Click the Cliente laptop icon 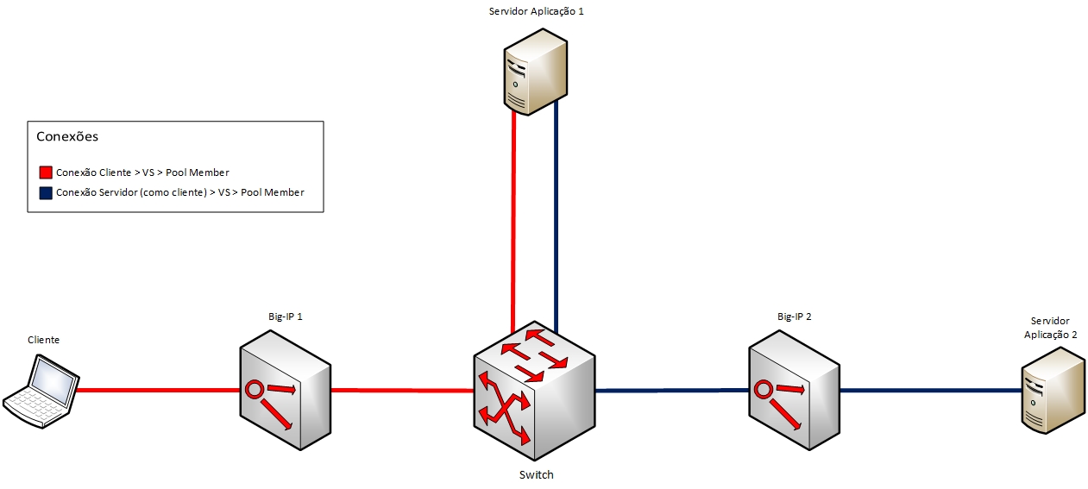tap(41, 392)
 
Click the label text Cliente tap(43, 340)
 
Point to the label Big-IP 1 tap(285, 317)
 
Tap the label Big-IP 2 tap(794, 317)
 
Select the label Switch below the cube tap(536, 474)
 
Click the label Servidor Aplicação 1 tap(537, 11)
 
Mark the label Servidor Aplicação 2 tap(1050, 328)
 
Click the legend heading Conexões tap(67, 136)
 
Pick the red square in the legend tap(46, 172)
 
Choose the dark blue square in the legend tap(46, 192)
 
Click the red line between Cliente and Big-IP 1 tap(155, 390)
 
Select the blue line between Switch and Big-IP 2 tap(673, 391)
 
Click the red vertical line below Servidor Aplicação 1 tap(513, 216)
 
